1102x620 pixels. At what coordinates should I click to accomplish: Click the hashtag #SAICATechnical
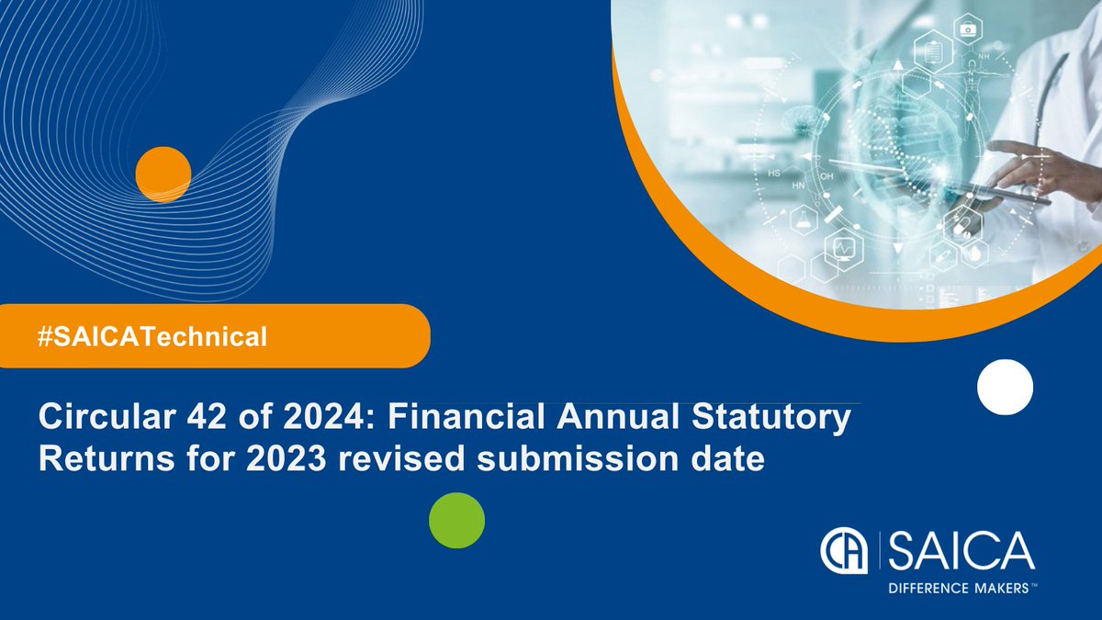tap(152, 337)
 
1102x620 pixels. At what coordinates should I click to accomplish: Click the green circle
tap(456, 521)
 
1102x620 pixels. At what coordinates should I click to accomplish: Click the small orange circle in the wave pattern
tap(163, 174)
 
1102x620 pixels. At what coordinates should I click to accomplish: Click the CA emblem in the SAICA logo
tap(846, 552)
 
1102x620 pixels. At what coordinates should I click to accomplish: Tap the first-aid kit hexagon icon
tap(968, 29)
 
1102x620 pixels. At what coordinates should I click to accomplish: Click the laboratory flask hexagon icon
tap(804, 220)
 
